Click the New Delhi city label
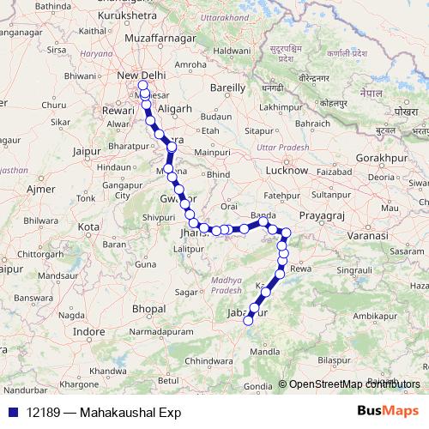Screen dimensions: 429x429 (x=141, y=76)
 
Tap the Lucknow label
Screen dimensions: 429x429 (x=287, y=171)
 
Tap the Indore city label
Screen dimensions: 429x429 (x=88, y=330)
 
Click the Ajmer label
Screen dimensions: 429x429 (x=40, y=188)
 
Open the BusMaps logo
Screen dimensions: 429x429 (x=388, y=411)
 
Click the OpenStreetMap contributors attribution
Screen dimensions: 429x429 (x=350, y=384)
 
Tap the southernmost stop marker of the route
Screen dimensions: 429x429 (x=249, y=321)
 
